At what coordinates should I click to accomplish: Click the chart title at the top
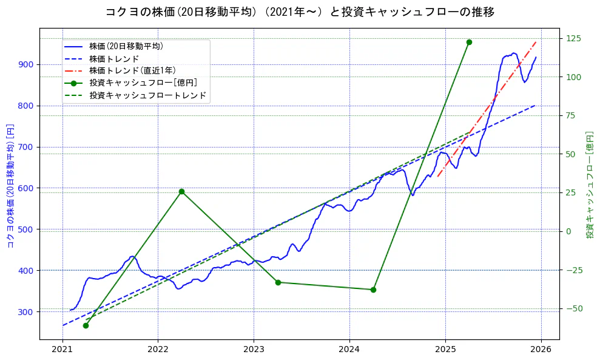[300, 12]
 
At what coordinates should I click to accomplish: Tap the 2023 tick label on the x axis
[254, 350]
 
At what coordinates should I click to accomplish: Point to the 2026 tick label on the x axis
[541, 350]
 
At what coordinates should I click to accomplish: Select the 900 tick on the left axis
[26, 64]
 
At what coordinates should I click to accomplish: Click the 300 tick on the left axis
[26, 311]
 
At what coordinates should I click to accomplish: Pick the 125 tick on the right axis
[573, 38]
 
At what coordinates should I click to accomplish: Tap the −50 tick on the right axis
[573, 308]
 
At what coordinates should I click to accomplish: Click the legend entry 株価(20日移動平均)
[126, 46]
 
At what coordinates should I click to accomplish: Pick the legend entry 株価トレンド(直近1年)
[132, 70]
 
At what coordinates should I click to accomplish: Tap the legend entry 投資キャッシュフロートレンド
[147, 95]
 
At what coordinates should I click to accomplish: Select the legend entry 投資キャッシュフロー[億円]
[143, 83]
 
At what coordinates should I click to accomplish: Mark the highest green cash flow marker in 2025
[469, 42]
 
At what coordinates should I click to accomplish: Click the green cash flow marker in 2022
[181, 192]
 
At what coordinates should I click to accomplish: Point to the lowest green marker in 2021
[86, 325]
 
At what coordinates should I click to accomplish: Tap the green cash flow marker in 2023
[278, 282]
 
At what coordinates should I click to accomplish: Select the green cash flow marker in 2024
[373, 290]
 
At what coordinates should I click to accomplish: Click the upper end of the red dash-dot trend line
[536, 42]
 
